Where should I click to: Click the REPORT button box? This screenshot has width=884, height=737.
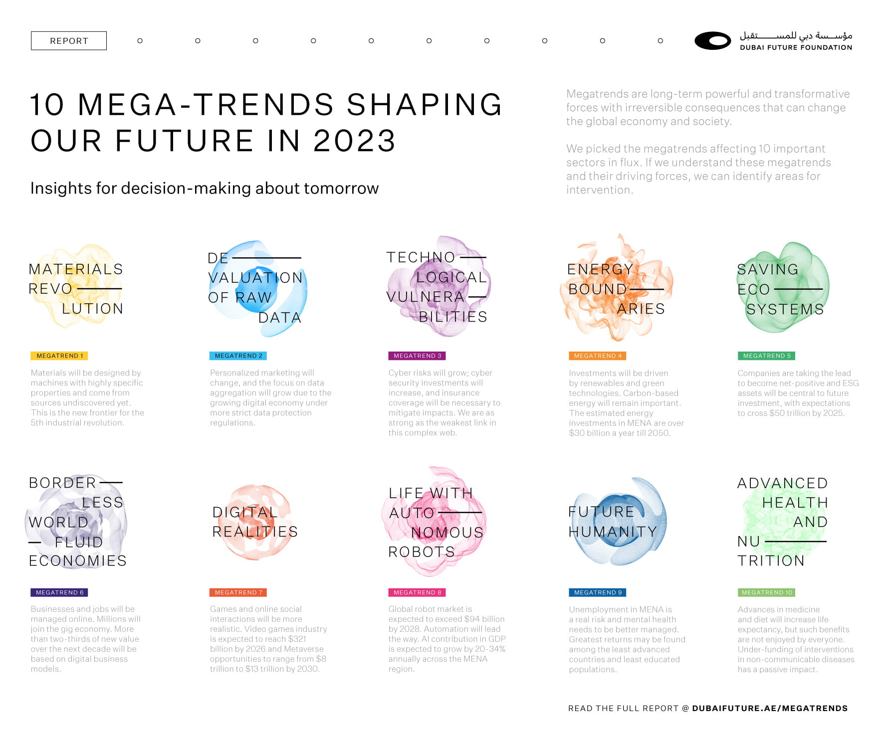click(x=69, y=41)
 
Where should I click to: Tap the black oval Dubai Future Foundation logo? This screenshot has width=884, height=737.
click(x=712, y=41)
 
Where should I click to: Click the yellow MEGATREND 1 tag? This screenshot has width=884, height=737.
click(x=59, y=356)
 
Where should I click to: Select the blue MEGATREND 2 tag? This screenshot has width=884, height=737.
click(x=238, y=356)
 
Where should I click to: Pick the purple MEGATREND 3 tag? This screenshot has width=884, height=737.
click(x=417, y=356)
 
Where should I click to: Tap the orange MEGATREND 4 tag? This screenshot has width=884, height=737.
click(x=597, y=356)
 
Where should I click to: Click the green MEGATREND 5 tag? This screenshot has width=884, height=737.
click(x=766, y=356)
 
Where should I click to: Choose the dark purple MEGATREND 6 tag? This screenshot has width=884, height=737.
click(x=59, y=592)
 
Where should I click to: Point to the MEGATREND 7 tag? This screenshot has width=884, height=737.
click(x=238, y=592)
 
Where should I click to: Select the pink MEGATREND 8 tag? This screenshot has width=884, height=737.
click(x=417, y=592)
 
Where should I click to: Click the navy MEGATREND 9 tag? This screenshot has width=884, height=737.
click(x=597, y=592)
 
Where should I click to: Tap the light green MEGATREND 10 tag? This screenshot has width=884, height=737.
click(x=766, y=592)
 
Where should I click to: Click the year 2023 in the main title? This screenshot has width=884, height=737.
click(x=354, y=141)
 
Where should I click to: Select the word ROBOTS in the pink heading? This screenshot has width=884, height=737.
click(x=422, y=552)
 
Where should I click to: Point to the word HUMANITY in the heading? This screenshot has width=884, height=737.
click(x=613, y=532)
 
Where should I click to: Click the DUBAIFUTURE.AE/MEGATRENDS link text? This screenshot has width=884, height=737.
click(x=769, y=708)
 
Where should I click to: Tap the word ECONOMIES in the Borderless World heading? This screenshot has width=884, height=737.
click(x=78, y=561)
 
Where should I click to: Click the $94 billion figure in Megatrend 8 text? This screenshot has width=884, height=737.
click(x=484, y=619)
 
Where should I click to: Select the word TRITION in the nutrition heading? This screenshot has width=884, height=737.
click(x=771, y=561)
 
